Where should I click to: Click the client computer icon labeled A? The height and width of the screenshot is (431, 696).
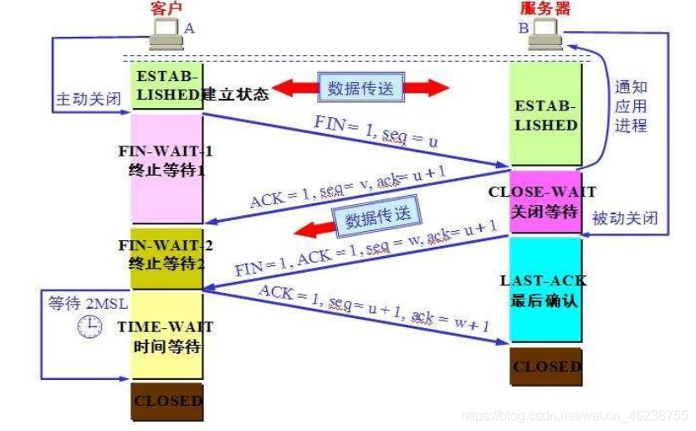tap(167, 32)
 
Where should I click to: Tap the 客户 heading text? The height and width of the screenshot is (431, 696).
tap(166, 8)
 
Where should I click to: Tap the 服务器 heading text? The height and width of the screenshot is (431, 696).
tap(546, 8)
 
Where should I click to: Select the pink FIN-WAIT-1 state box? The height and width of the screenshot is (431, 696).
tap(167, 167)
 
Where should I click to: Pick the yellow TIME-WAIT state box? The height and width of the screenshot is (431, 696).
tap(167, 335)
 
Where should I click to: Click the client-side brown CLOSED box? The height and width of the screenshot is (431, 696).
tap(167, 401)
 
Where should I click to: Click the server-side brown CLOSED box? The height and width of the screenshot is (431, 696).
tap(546, 367)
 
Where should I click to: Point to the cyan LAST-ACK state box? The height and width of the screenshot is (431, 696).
tap(546, 289)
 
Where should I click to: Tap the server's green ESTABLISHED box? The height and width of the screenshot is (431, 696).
tap(546, 115)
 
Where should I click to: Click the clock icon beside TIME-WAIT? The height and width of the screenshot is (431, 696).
tap(90, 327)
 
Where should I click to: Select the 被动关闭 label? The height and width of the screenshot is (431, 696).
tap(625, 218)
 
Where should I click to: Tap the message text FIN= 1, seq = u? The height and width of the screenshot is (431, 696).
tap(376, 131)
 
